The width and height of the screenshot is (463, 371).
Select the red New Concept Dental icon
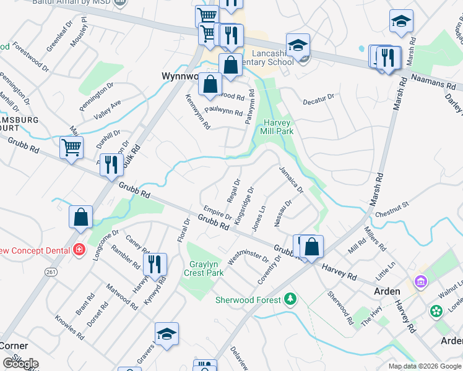click(x=79, y=250)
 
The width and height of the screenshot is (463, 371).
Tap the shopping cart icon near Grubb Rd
click(x=72, y=148)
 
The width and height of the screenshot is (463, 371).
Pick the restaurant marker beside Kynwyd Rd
click(x=155, y=264)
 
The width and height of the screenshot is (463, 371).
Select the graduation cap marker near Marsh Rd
click(x=401, y=22)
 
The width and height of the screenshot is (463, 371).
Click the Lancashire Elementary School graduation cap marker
click(x=298, y=45)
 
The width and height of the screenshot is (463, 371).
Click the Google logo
click(x=20, y=364)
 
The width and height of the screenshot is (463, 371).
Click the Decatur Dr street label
click(x=318, y=98)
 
